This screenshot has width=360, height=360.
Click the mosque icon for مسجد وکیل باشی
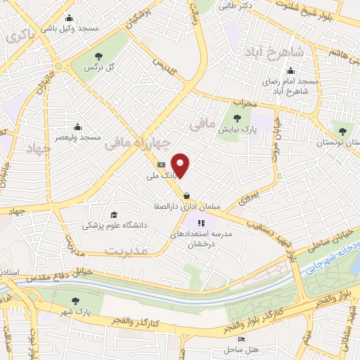point(67,18)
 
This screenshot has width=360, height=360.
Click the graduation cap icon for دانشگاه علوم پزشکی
point(113,215)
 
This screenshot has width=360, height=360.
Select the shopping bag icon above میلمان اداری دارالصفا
point(186,196)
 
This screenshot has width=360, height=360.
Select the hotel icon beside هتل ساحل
point(242,340)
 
